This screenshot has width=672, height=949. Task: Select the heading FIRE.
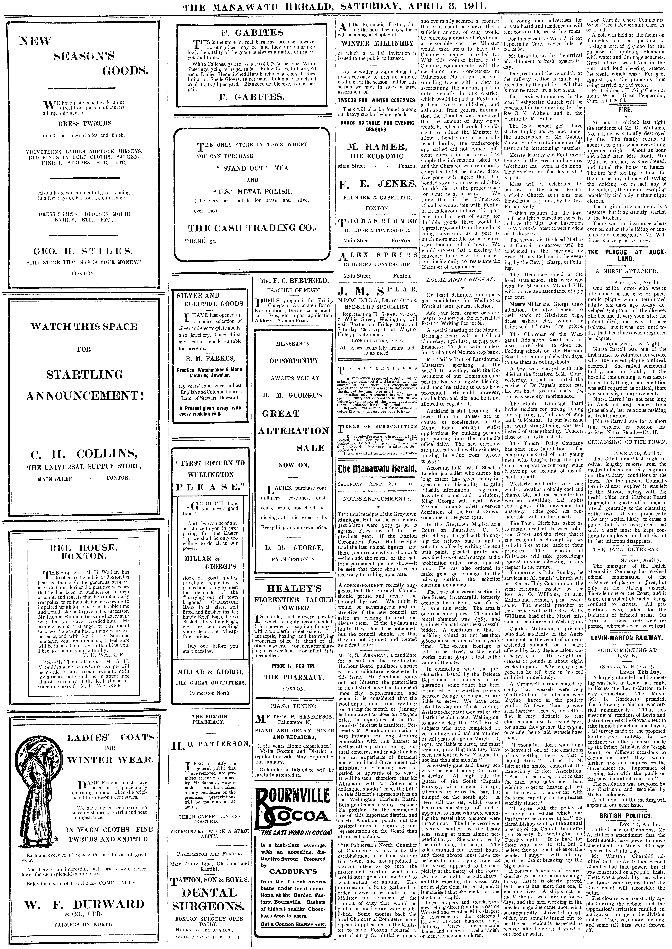[625, 110]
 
